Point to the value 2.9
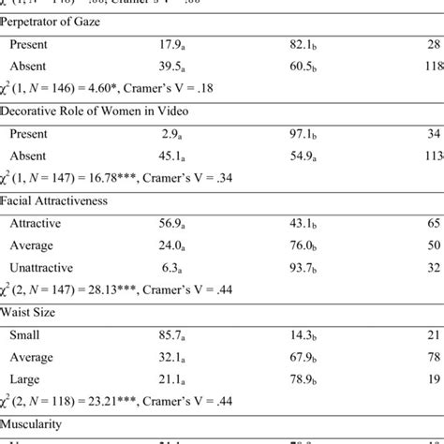(168, 134)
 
